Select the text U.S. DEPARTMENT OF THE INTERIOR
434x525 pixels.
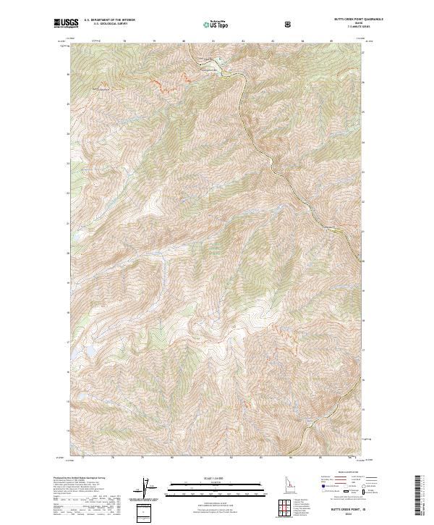[x=109, y=22]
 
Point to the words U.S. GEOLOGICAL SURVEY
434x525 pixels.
[x=103, y=25]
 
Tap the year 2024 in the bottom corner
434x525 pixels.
[x=358, y=516]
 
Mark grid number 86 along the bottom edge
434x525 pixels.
[x=352, y=458]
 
